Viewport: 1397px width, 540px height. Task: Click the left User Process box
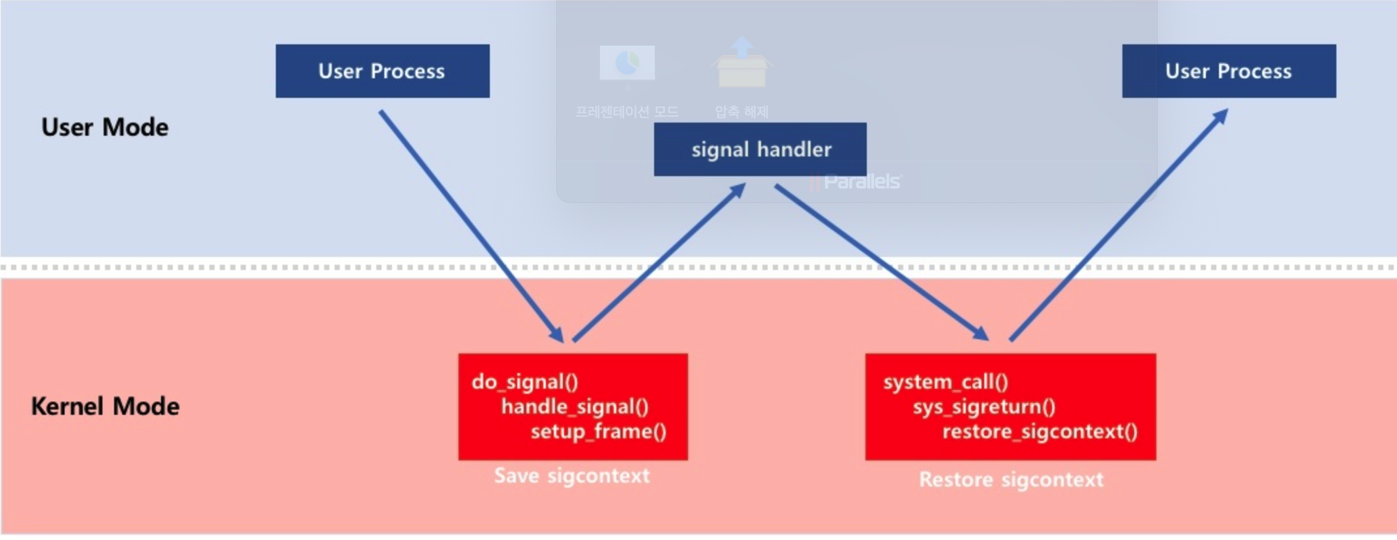(382, 71)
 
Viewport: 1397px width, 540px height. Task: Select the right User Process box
(1228, 71)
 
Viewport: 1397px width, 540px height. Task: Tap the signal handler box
(760, 149)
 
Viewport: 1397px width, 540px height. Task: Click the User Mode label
(104, 127)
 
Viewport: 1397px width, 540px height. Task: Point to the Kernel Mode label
(105, 406)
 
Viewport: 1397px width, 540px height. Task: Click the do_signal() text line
(525, 382)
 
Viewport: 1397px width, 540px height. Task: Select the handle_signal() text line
(575, 407)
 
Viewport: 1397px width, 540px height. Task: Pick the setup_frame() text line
(598, 432)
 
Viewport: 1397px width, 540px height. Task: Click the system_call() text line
(945, 382)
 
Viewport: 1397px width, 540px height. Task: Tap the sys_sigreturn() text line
(984, 407)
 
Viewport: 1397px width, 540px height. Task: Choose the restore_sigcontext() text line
(1040, 432)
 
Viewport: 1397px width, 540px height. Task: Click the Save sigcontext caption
(571, 476)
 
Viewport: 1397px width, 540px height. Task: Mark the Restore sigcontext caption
(1011, 480)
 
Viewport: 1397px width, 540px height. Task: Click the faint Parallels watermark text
(861, 181)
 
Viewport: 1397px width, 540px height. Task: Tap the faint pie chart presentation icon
(627, 63)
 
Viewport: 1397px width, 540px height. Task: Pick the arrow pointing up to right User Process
(1119, 225)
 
